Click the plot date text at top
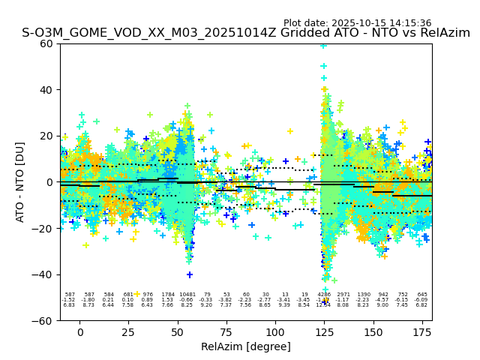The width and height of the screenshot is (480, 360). point(357,23)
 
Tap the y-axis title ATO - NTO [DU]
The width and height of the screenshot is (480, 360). point(20,181)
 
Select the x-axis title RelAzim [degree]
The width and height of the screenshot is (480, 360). point(246,346)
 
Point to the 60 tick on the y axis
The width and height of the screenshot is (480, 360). point(46,43)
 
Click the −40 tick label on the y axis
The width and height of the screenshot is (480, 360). point(43,274)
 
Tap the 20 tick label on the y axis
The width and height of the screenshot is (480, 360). point(46,136)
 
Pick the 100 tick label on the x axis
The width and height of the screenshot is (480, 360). point(275,332)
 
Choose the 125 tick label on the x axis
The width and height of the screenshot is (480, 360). point(324,332)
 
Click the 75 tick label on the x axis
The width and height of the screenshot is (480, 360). point(226,332)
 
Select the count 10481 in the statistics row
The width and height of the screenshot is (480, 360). point(187,295)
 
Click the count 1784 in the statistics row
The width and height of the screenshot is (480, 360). point(167,295)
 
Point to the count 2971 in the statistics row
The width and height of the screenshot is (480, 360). point(343,295)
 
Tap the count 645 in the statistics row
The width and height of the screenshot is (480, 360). point(422,295)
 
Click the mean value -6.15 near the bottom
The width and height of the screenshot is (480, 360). point(402,300)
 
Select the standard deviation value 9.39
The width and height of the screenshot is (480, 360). point(284,305)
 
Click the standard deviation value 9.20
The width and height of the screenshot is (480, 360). point(207,305)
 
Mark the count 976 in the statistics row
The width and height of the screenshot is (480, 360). point(148,295)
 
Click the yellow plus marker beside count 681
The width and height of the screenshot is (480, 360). point(136,294)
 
